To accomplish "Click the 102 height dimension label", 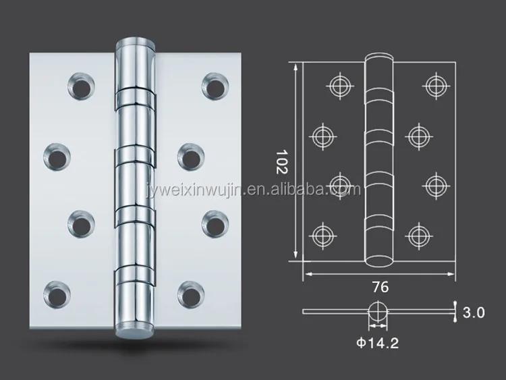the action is point(281,162).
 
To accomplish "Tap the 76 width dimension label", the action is point(381,287).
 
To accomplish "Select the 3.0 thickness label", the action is point(474,313).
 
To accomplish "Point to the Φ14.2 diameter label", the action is point(378,343).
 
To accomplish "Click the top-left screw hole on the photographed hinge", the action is point(81,86).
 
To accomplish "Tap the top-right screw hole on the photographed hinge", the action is point(215,86).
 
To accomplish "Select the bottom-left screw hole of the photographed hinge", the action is point(57,294).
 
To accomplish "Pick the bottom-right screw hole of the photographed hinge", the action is point(191,294).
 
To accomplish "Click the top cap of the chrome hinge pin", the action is point(135,43).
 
